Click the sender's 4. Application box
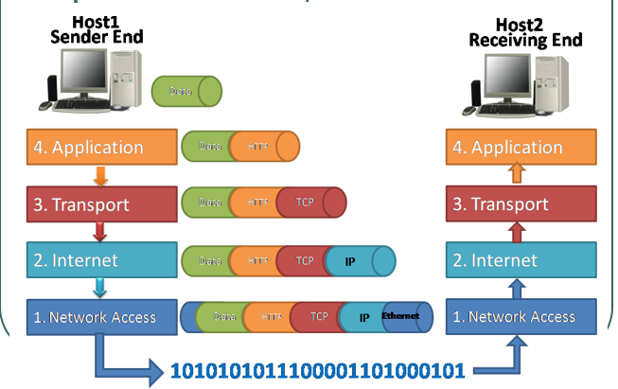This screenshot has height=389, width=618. pos(98,148)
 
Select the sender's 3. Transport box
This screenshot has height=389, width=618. pos(98,203)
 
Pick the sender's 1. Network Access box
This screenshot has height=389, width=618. pos(98,317)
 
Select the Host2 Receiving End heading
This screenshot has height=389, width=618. pos(525,33)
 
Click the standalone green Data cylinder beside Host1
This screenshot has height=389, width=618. pos(185,92)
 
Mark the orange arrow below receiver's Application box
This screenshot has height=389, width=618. pos(515,173)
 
